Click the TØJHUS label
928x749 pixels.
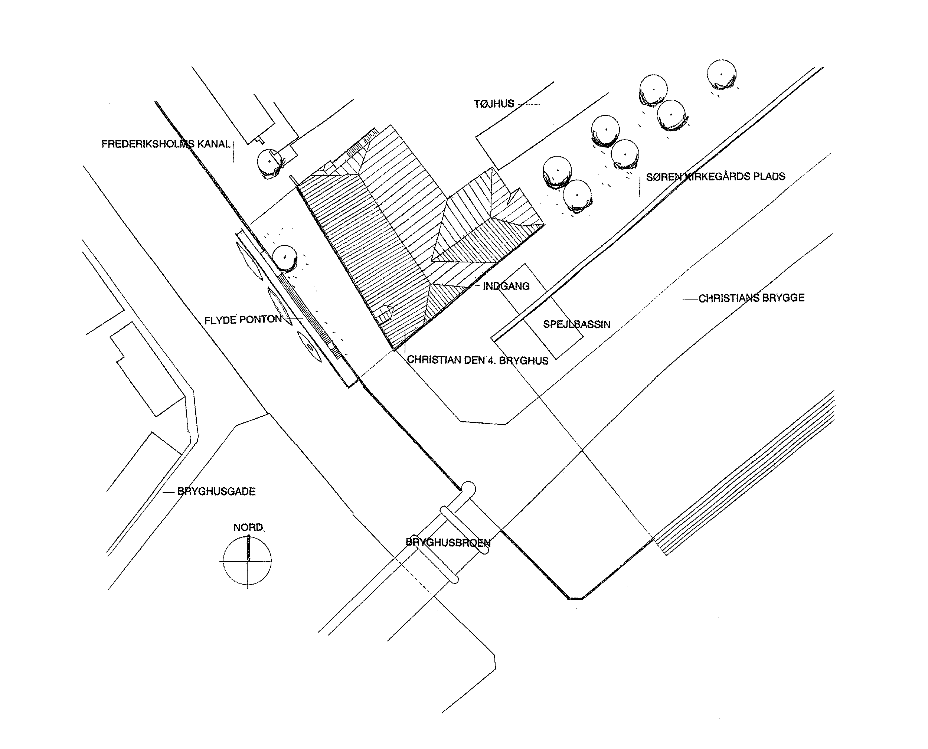494,104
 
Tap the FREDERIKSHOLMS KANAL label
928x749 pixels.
166,144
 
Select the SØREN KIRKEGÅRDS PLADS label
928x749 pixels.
715,176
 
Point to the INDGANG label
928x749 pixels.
506,286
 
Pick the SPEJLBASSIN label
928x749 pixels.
576,324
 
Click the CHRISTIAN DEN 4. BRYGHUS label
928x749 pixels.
478,360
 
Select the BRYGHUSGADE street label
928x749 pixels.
216,491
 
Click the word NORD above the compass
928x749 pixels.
248,527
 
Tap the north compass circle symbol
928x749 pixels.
247,561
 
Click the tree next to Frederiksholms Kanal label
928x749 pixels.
270,162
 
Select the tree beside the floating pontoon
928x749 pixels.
285,258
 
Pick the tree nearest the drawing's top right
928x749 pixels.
721,74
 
